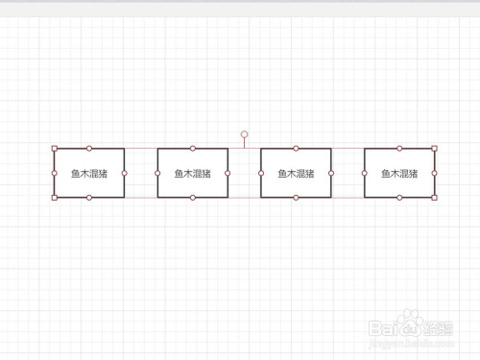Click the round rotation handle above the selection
coord(244,134)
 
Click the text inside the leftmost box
coord(88,174)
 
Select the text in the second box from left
coord(192,174)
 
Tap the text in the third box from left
coord(296,174)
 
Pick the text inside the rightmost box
coord(399,174)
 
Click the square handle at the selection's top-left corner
coord(55,149)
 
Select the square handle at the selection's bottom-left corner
coord(55,198)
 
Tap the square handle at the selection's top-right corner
coord(434,149)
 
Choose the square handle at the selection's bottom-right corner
coord(434,198)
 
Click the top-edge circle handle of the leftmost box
coord(89,149)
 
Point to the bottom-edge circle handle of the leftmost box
coord(89,198)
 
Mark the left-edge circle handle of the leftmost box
coord(55,173)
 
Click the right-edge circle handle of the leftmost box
coord(124,173)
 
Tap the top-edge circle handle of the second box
coord(193,149)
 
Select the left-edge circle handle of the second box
coord(158,173)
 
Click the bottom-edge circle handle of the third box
coord(297,198)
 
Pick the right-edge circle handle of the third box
coord(331,173)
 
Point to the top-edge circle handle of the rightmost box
coord(399,149)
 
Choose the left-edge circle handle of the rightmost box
coord(365,173)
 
